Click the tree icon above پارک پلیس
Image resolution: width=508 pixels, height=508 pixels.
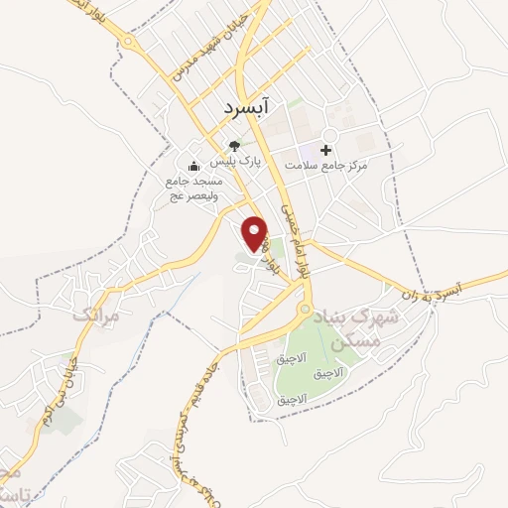coord(235,145)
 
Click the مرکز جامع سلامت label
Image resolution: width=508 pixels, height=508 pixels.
coord(325,166)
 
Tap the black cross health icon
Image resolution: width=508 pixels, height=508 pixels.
coord(325,149)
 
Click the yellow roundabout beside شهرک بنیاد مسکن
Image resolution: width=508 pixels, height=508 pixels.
coord(305,311)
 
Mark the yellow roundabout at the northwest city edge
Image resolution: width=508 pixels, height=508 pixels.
coord(127,42)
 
